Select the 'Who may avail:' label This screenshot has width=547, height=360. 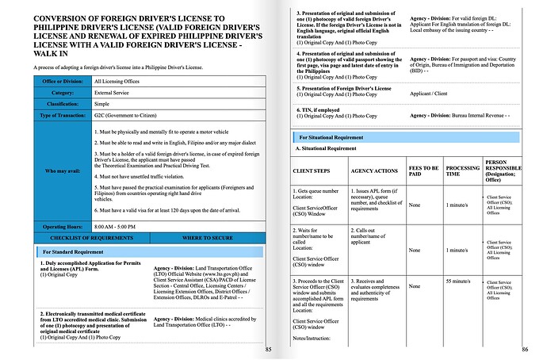click(x=58, y=170)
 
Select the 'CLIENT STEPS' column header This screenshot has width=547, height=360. click(x=313, y=170)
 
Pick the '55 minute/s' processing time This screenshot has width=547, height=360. click(x=460, y=281)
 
